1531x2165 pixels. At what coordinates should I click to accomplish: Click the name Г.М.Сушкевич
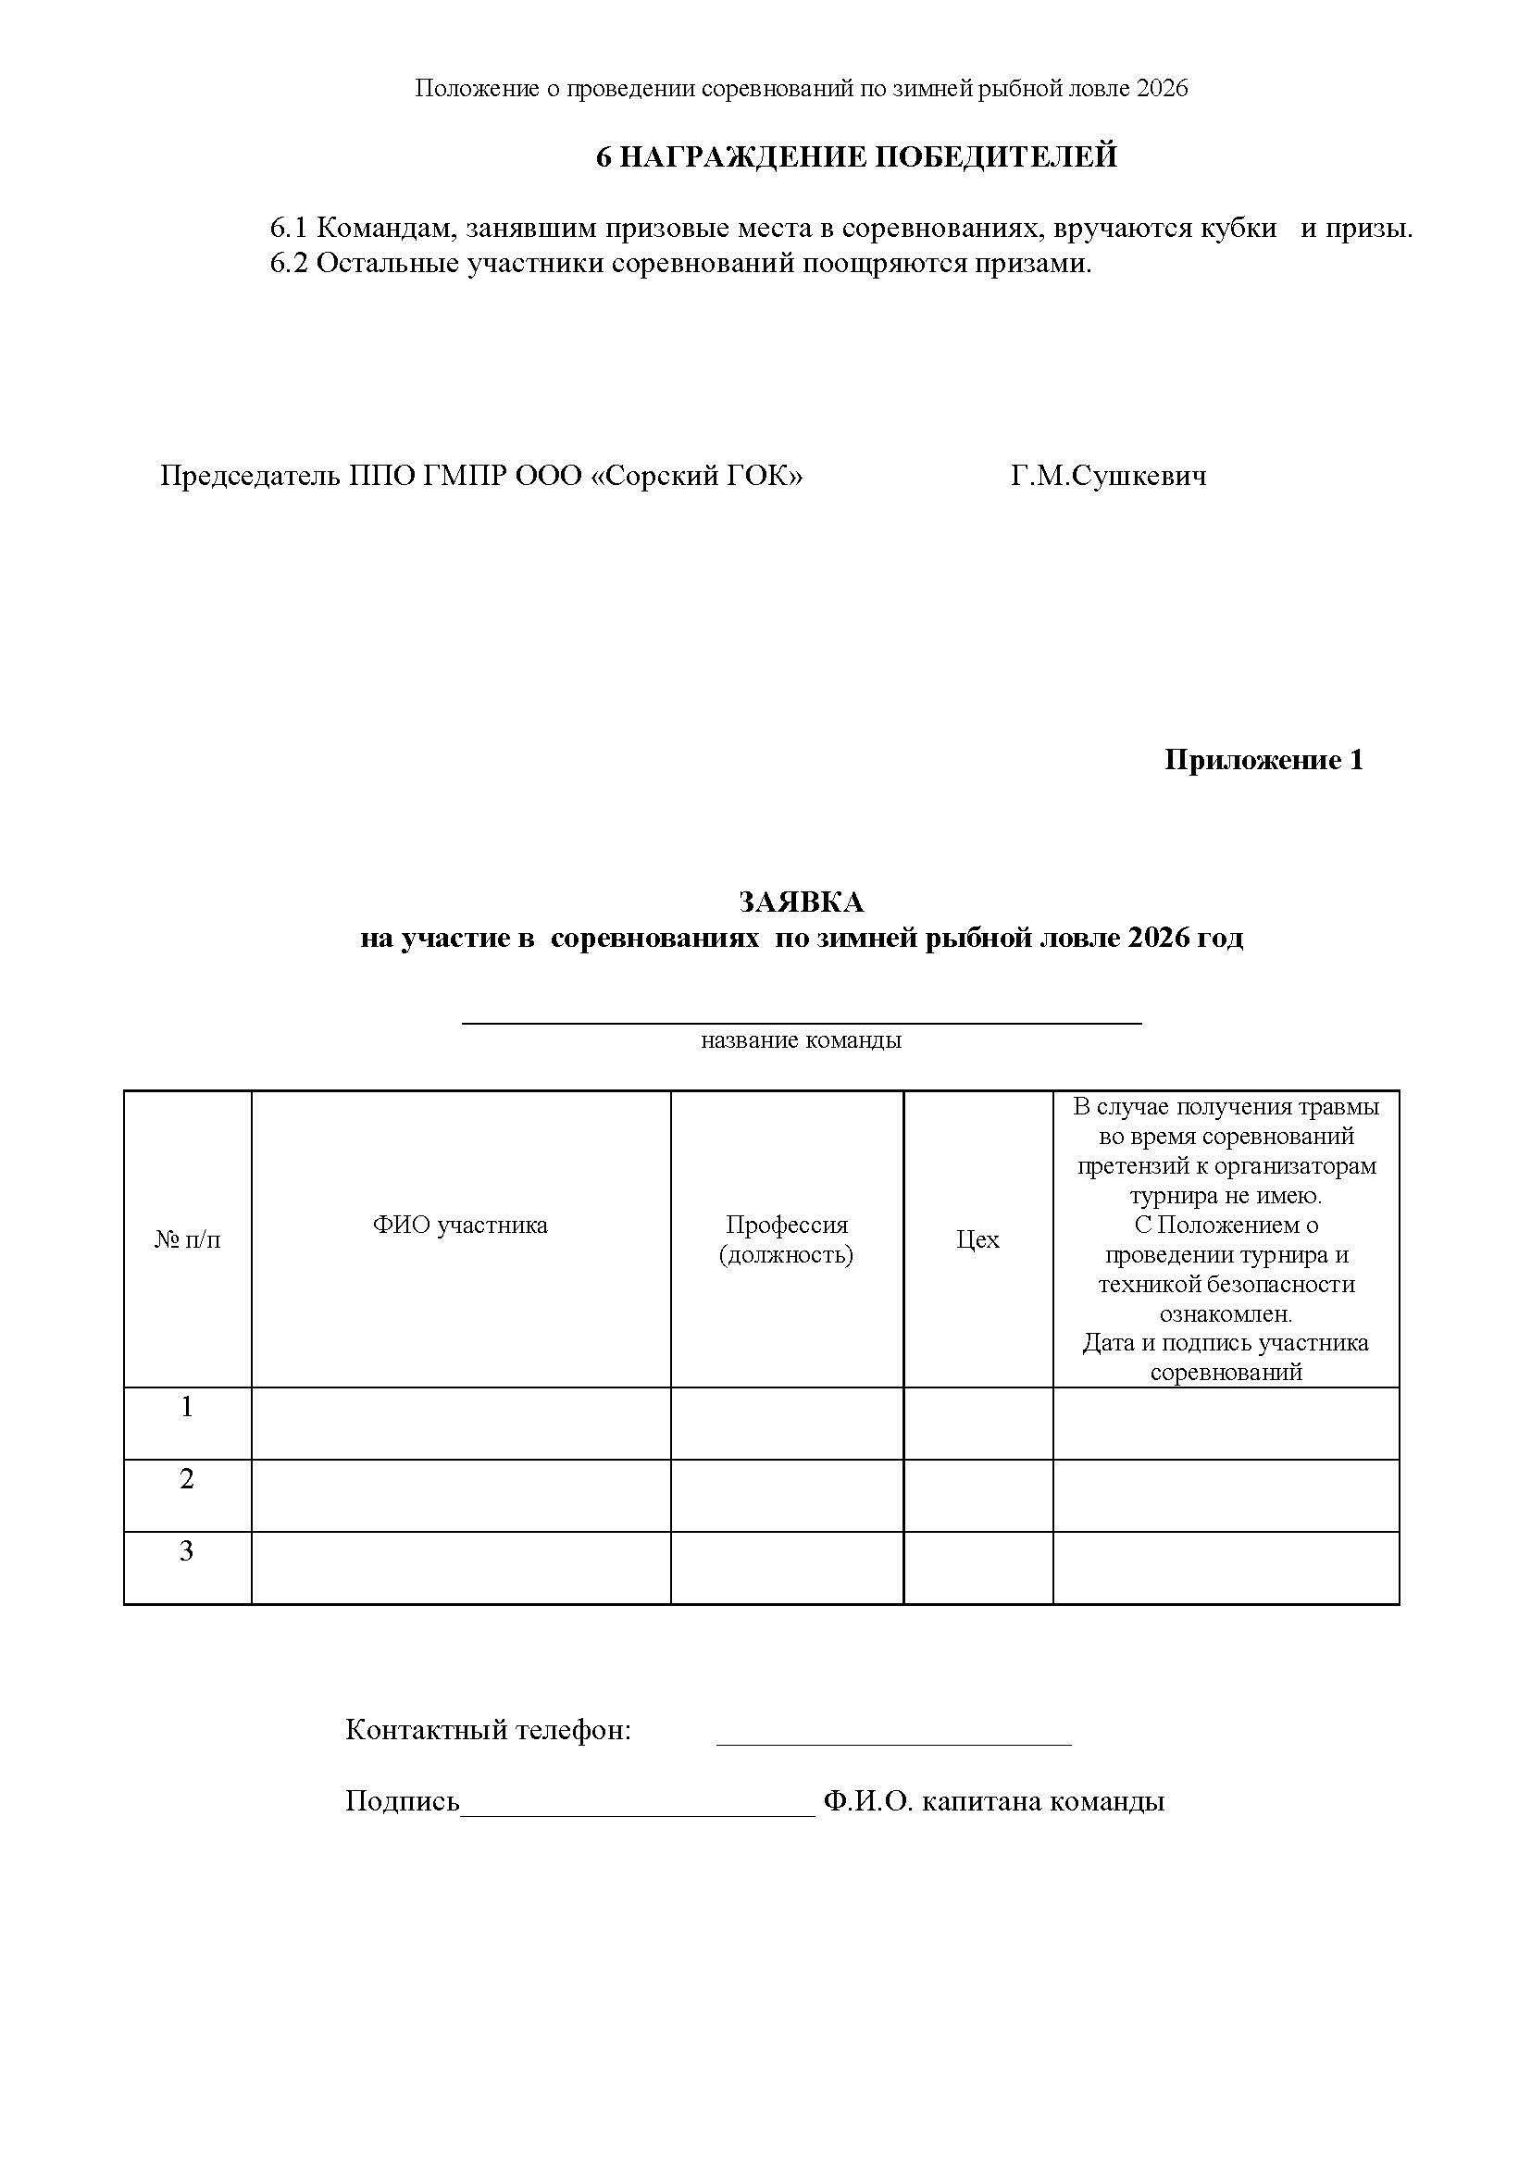pos(1108,476)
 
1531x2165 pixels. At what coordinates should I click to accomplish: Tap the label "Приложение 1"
pos(1263,760)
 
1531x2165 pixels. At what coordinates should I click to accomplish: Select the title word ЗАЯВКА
pos(802,902)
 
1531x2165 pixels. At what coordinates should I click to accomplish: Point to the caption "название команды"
pos(802,1040)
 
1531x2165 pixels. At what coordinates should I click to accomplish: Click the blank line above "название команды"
pos(802,1021)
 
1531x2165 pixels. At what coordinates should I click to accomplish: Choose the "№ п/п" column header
pos(188,1239)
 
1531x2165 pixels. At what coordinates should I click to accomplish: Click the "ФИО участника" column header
pos(460,1225)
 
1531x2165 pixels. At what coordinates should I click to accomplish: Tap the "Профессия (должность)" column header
pos(786,1239)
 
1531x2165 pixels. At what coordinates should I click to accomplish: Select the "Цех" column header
pos(977,1239)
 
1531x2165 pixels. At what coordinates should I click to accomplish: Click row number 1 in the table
pos(187,1407)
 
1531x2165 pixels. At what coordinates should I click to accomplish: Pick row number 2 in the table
pos(187,1479)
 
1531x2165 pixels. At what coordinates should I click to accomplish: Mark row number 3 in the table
pos(187,1551)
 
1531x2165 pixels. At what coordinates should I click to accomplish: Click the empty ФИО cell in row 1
pos(460,1423)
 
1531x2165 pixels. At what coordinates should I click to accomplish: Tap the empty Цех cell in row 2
pos(977,1496)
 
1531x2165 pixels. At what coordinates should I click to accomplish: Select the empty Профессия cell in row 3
pos(786,1567)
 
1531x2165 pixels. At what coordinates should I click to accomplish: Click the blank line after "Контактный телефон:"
pos(894,1743)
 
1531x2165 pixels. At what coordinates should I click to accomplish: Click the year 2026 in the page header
pos(1163,89)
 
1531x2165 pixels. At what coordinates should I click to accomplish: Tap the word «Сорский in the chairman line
pos(653,476)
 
